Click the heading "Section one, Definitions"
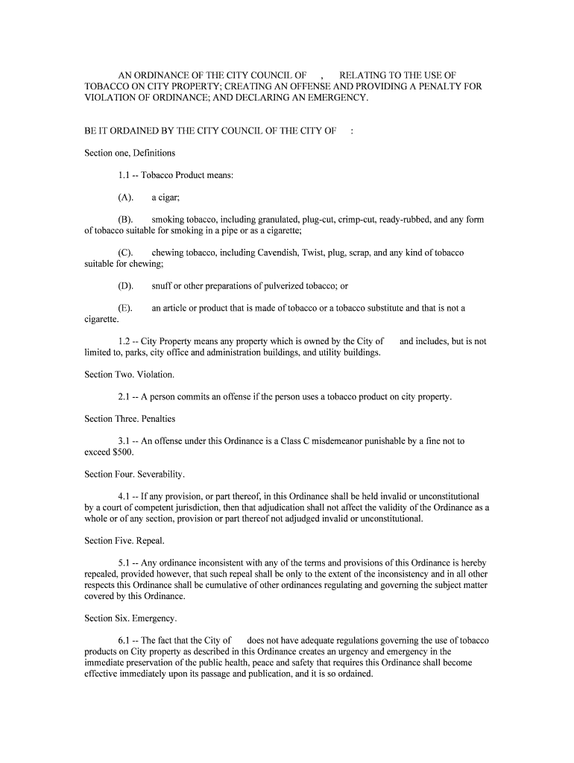coord(130,153)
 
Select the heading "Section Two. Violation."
coord(129,375)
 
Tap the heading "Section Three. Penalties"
coord(130,419)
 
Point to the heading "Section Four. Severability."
coord(134,475)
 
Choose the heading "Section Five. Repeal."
coord(124,541)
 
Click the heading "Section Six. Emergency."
coord(130,618)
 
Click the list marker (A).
coord(125,197)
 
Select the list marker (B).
coord(125,220)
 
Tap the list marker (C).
coord(125,253)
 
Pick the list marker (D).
coord(125,286)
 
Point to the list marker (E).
coord(125,308)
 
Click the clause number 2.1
coord(124,397)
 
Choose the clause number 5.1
coord(124,563)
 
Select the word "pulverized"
coord(280,286)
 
